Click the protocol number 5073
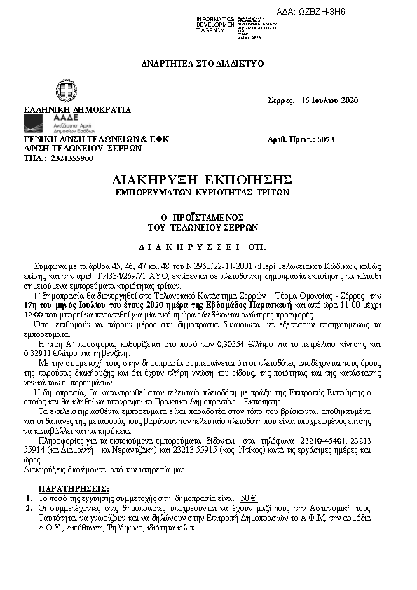[325, 139]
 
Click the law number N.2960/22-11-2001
[220, 268]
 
